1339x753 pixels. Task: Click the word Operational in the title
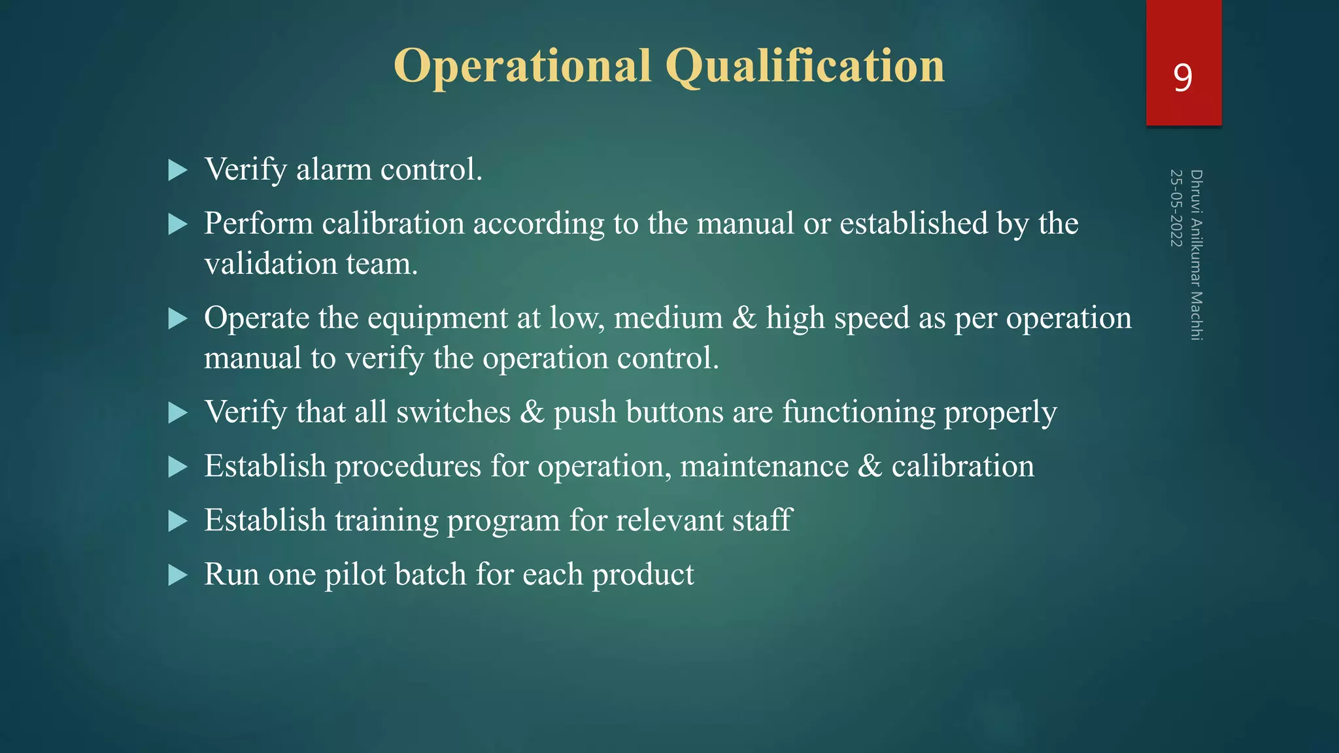point(522,67)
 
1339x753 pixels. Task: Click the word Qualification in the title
point(805,67)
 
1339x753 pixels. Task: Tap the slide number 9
point(1183,78)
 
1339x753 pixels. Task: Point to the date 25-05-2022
point(1176,208)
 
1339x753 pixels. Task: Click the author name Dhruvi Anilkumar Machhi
point(1196,255)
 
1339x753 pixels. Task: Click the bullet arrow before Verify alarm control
point(177,171)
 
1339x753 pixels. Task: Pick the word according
point(539,224)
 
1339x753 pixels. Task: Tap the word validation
point(270,265)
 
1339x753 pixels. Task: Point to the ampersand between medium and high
point(744,318)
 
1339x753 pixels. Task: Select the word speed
point(872,319)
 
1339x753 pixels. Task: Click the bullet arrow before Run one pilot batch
point(177,576)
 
